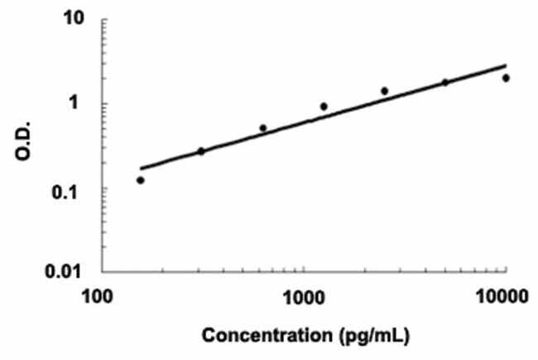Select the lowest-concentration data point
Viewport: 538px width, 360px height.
coord(141,180)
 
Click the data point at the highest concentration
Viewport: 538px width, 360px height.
coord(506,78)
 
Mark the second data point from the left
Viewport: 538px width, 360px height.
coord(201,151)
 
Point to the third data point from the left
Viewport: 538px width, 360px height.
coord(263,128)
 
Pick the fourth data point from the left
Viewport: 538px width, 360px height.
coord(324,106)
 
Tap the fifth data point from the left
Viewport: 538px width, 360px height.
coord(385,91)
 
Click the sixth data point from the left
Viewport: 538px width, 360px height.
coord(445,82)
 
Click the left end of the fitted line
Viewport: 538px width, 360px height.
coord(140,169)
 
